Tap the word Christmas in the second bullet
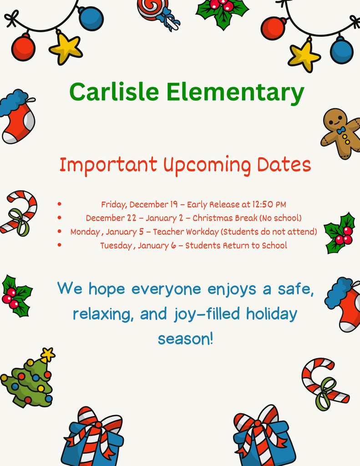[x=213, y=218]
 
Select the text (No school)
[x=280, y=218]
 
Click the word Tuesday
[x=116, y=246]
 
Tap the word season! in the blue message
[x=185, y=339]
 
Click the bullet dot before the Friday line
[x=60, y=205]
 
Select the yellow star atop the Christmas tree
[x=47, y=354]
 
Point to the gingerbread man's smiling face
[x=335, y=119]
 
